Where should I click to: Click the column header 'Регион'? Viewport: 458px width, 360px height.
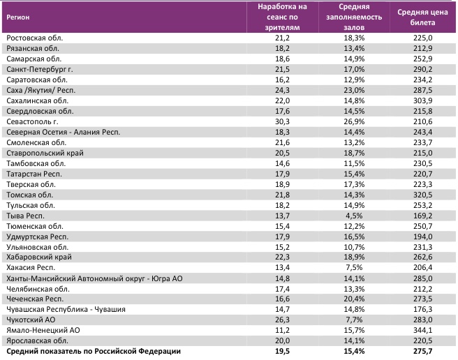[20, 17]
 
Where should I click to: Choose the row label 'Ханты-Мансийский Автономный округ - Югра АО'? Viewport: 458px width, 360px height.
[89, 278]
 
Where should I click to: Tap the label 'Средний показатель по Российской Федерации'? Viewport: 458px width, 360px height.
[93, 352]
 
